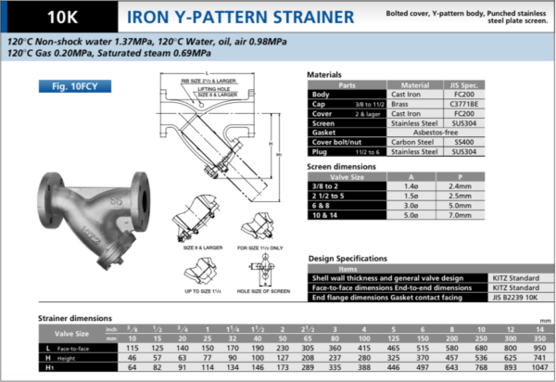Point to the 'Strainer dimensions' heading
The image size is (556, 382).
(77, 319)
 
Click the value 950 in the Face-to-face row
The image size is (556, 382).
(537, 349)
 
